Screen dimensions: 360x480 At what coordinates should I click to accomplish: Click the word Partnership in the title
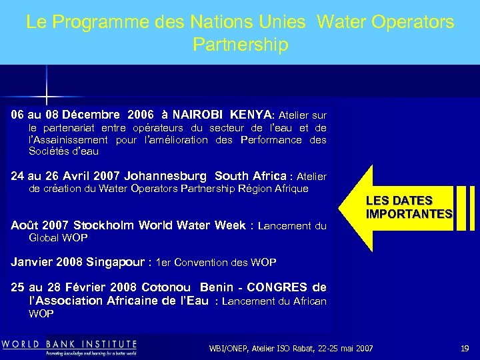240,45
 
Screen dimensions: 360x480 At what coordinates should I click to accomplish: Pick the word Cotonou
169,287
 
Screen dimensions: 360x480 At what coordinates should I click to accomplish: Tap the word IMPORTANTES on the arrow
409,214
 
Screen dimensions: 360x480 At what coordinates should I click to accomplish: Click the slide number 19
465,348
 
